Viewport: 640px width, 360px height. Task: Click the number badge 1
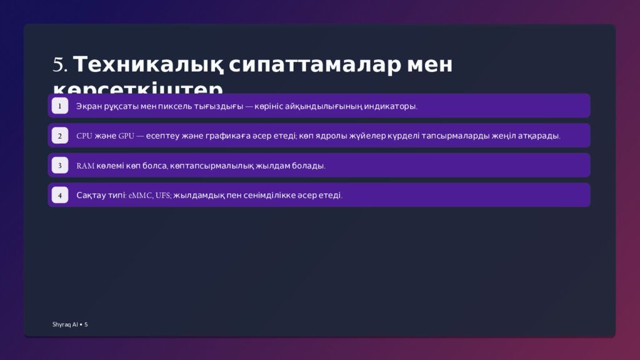pyautogui.click(x=59, y=106)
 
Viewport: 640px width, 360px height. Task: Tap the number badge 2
pyautogui.click(x=59, y=136)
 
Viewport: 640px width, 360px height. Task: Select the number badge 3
pyautogui.click(x=59, y=166)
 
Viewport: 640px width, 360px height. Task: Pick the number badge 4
pyautogui.click(x=59, y=196)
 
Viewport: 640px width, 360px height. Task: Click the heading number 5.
pyautogui.click(x=59, y=65)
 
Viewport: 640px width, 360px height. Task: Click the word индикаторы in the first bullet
pyautogui.click(x=392, y=106)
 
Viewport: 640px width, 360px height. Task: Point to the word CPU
pyautogui.click(x=84, y=136)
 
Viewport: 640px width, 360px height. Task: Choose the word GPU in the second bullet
pyautogui.click(x=126, y=136)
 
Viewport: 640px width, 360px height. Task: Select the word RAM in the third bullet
pyautogui.click(x=86, y=166)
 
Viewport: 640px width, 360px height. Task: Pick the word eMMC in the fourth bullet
pyautogui.click(x=140, y=196)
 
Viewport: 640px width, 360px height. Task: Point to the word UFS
pyautogui.click(x=163, y=196)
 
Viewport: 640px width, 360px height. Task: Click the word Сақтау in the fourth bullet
pyautogui.click(x=91, y=196)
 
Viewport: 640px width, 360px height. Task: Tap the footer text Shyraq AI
pyautogui.click(x=65, y=324)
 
